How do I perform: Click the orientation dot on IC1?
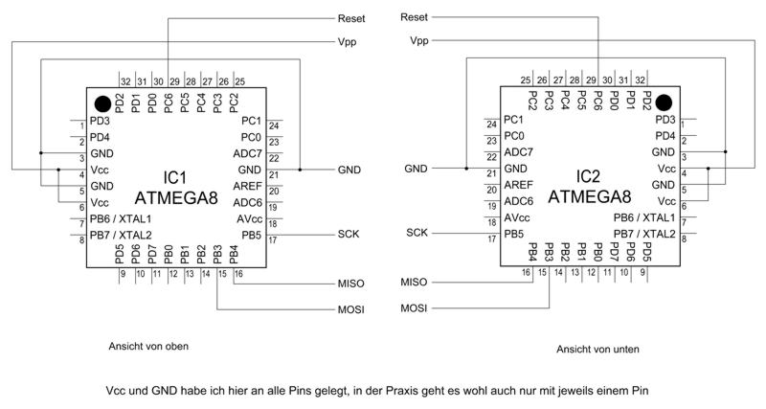click(x=102, y=103)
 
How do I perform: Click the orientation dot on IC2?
click(x=664, y=102)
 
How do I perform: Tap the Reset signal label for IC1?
click(x=351, y=18)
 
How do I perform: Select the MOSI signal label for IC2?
click(x=414, y=308)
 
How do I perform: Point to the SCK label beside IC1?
click(x=349, y=234)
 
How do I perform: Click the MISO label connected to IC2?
click(x=414, y=282)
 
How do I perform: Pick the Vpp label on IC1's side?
click(x=347, y=42)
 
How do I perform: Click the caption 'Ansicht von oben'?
click(x=148, y=347)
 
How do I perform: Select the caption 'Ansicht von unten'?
click(x=597, y=349)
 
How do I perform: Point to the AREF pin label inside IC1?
click(x=248, y=186)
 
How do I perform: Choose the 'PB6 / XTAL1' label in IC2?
click(x=644, y=217)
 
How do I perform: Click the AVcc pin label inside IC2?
click(x=517, y=217)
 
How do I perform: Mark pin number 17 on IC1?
click(x=273, y=240)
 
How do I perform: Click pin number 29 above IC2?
click(x=591, y=80)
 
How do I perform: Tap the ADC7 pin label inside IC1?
click(x=248, y=153)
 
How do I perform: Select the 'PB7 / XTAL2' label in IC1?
click(x=121, y=235)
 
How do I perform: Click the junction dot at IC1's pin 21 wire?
click(x=300, y=170)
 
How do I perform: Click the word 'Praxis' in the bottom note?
click(x=401, y=391)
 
